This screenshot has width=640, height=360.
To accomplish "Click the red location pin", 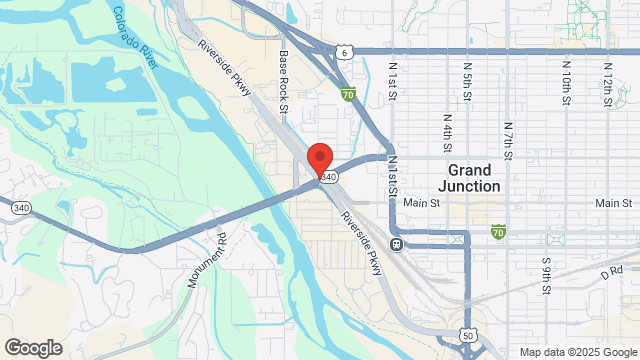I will coord(319,161).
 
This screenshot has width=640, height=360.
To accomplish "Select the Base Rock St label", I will coord(283,83).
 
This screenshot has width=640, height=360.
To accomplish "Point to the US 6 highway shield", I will coord(343,52).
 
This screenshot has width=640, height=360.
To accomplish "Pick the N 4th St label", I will coord(446,127).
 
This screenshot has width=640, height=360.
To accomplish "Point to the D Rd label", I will coord(611,270).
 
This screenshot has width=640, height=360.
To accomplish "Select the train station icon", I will coord(397,244).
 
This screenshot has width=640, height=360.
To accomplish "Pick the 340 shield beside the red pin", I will coord(326,175).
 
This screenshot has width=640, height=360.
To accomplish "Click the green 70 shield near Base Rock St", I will coord(347,96).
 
